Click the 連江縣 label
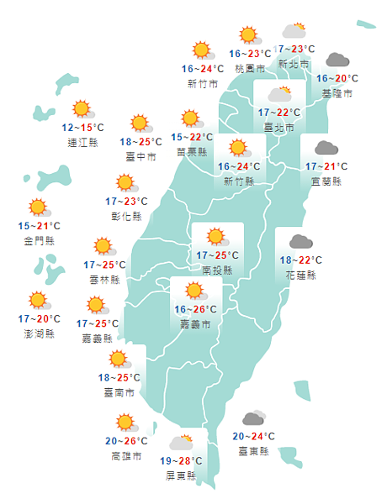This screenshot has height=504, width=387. pos(82,143)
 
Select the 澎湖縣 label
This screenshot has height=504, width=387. pos(39,333)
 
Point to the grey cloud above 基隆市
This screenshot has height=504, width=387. pos(337,60)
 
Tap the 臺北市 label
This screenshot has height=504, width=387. pos(278,128)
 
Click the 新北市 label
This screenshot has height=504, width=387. pos(293,64)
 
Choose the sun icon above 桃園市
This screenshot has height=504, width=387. pos(248,35)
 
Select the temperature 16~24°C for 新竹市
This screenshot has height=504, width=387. pos(203,69)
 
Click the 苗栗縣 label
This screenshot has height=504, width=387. pos(193,152)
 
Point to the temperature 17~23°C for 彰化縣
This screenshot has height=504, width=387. pos(126,202)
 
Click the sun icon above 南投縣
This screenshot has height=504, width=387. pos(216,237)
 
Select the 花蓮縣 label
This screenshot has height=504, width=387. pos(300,276)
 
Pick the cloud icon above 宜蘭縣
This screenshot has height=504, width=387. pos(326,149)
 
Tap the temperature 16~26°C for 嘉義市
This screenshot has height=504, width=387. pos(195,309)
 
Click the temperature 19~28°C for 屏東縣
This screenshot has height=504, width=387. pos(181,461)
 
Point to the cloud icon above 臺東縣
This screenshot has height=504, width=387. pos(253,418)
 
